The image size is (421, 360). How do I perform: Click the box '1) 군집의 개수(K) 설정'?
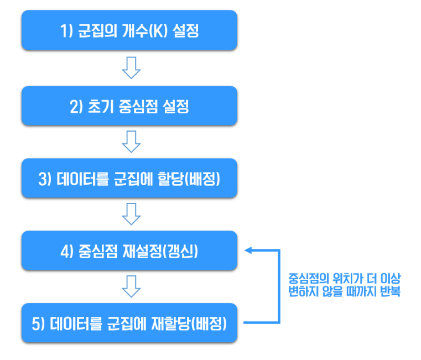point(129,31)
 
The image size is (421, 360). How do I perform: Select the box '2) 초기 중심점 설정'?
point(129,105)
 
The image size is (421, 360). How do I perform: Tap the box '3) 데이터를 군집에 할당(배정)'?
point(129,178)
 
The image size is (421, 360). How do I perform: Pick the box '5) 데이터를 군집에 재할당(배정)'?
point(129,323)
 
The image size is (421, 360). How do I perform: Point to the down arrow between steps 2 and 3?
point(131,142)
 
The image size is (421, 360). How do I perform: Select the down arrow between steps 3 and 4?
point(131,215)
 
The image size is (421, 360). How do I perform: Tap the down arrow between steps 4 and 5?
point(131,287)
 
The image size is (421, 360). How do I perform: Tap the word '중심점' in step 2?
point(138,105)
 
